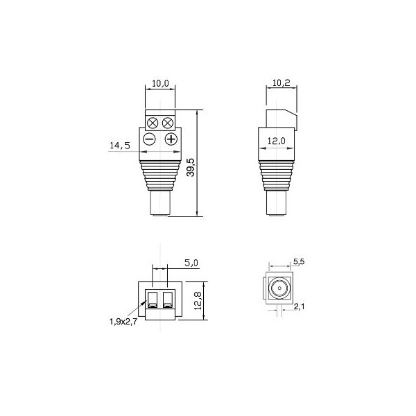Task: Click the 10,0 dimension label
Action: click(x=160, y=83)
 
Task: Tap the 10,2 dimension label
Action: click(x=281, y=83)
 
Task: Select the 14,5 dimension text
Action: click(x=120, y=146)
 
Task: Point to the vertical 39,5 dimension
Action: click(x=191, y=167)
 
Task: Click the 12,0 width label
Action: click(x=276, y=141)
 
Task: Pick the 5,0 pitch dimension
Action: click(x=191, y=263)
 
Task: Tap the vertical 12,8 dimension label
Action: click(x=198, y=301)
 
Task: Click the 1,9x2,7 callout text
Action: click(x=123, y=322)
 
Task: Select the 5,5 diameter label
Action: click(x=299, y=262)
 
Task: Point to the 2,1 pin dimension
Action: click(x=300, y=306)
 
